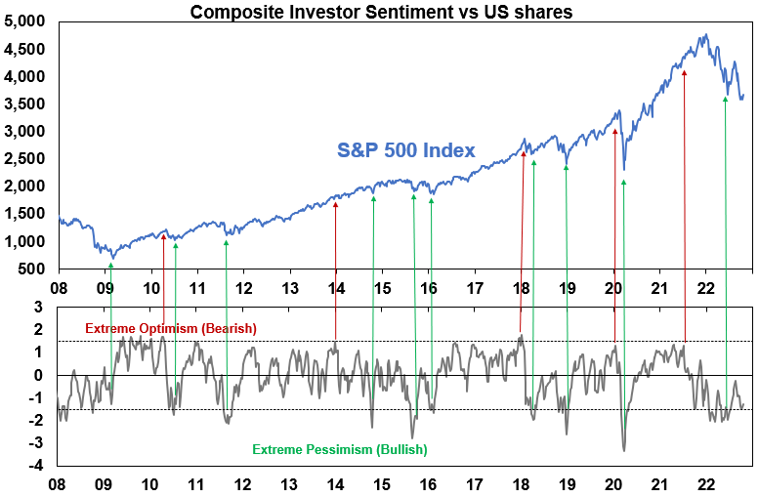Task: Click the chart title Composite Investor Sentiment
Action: [x=380, y=12]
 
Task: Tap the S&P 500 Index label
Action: [x=406, y=150]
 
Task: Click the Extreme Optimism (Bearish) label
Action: [x=171, y=328]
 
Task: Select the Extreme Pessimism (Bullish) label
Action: [x=340, y=450]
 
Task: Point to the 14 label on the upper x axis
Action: [x=336, y=289]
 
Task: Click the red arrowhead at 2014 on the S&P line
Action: [x=335, y=204]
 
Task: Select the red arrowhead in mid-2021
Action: [x=684, y=71]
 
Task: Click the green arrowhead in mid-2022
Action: [x=725, y=99]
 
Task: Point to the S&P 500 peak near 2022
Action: [x=704, y=35]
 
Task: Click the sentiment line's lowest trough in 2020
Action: [x=624, y=450]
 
